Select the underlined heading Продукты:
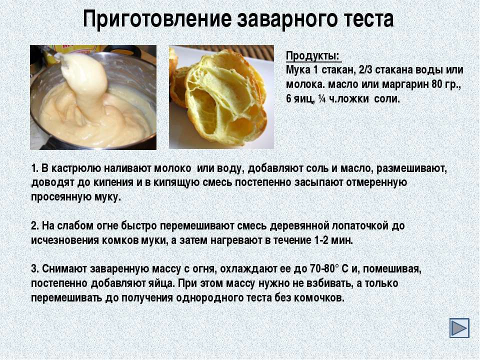313,56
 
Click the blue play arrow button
459,328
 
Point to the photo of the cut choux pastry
221,97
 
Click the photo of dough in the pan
93,97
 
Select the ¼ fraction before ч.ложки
321,99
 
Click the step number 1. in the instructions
34,168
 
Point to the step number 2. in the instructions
34,225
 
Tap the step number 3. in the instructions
34,269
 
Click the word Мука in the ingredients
298,70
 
